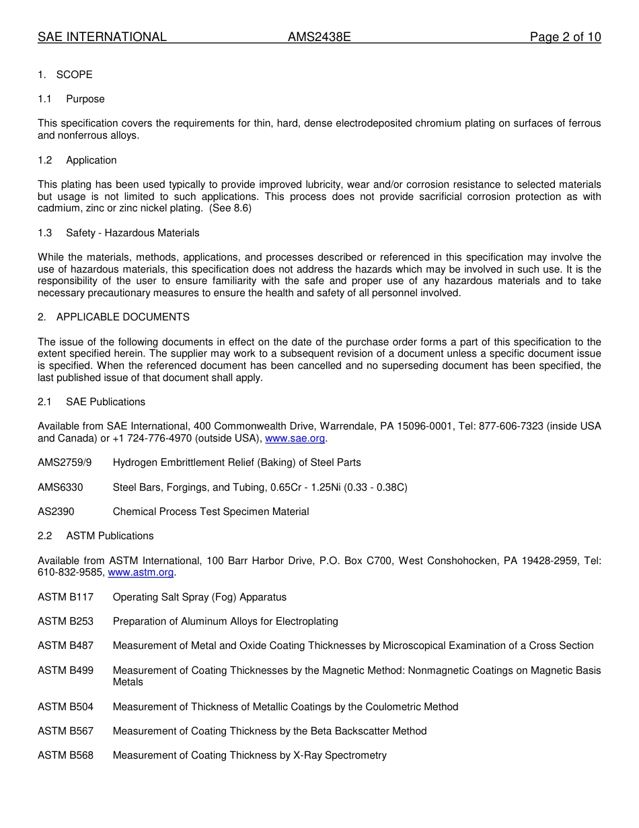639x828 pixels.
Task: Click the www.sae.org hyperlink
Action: [295, 438]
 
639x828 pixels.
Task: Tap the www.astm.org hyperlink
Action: [141, 572]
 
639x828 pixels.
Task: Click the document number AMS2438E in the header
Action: [319, 37]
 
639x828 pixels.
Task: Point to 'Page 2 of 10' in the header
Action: [565, 37]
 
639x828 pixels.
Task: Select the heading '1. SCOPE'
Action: [65, 75]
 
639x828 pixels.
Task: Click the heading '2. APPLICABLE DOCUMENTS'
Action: [114, 317]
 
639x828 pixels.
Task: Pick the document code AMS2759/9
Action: [65, 462]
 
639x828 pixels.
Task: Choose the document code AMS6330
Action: [61, 487]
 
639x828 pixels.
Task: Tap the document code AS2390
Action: [56, 512]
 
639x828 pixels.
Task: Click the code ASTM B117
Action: [65, 597]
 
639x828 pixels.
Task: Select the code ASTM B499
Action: [65, 670]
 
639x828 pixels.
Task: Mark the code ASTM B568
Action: [65, 755]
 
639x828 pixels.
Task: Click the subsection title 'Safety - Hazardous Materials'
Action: [133, 233]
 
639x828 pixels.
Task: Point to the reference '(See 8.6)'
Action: [230, 209]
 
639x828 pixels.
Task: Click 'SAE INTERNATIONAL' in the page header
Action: [102, 37]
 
